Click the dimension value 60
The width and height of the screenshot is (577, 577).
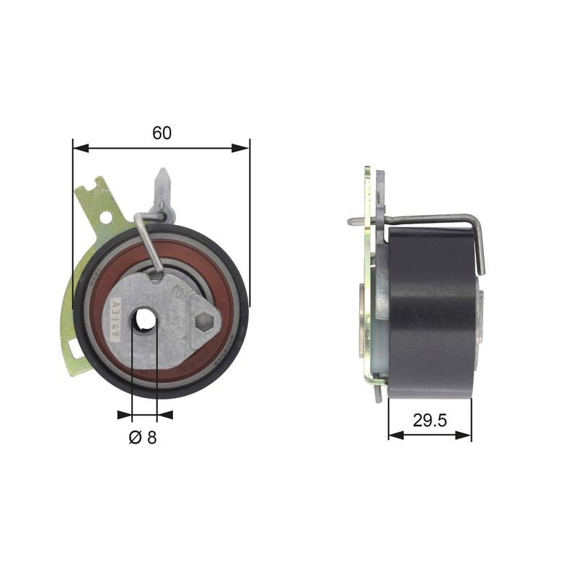162,133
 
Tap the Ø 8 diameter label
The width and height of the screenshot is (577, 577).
143,438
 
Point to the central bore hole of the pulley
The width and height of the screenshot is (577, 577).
145,317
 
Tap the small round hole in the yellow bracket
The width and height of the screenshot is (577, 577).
105,216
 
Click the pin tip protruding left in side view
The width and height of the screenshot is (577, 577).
351,221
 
